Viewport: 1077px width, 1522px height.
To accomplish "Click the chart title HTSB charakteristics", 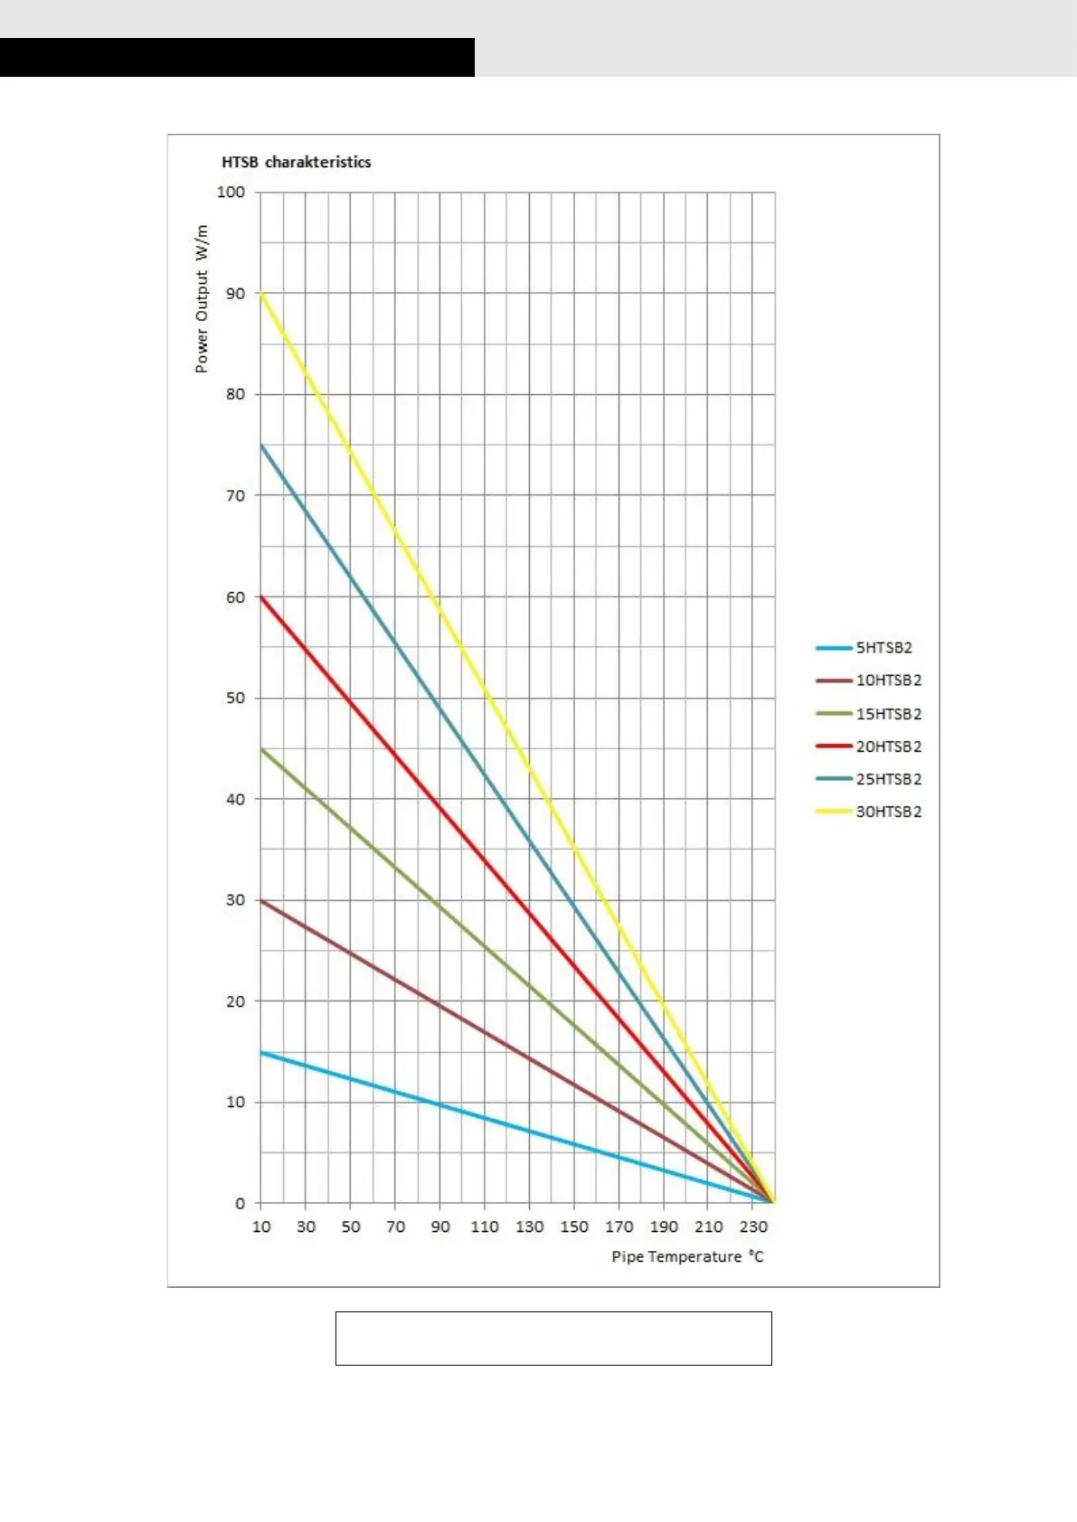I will pos(297,163).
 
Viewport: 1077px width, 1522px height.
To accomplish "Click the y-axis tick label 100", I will pos(231,192).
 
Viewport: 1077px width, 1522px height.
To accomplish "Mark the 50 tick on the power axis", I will pos(235,698).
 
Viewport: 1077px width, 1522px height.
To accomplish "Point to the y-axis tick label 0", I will pos(240,1203).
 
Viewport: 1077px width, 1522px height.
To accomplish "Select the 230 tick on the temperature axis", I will pos(753,1226).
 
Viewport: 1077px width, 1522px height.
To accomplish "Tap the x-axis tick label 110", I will pos(485,1226).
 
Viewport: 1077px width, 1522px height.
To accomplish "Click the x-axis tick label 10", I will pos(261,1226).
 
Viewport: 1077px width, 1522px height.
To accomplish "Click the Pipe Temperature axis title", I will pos(687,1256).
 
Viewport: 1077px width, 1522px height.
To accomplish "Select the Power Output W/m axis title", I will pos(202,299).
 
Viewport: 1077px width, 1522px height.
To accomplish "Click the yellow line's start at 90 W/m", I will pos(261,294).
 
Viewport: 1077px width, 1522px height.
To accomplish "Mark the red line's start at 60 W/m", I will pos(261,597).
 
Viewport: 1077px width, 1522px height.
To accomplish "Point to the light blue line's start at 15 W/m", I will pos(261,1052).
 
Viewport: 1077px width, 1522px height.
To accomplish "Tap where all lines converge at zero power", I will pos(773,1201).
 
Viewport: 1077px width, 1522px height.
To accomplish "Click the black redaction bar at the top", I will pos(237,57).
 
